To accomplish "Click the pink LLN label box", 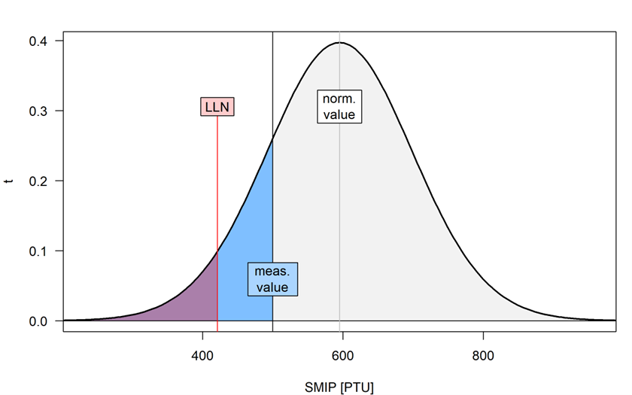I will coord(217,107).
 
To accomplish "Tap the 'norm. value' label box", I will coord(339,107).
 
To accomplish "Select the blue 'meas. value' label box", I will coord(272,279).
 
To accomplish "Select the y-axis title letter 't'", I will coord(9,181).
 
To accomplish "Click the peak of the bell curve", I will coord(340,43).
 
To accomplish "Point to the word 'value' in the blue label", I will coord(272,287).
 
